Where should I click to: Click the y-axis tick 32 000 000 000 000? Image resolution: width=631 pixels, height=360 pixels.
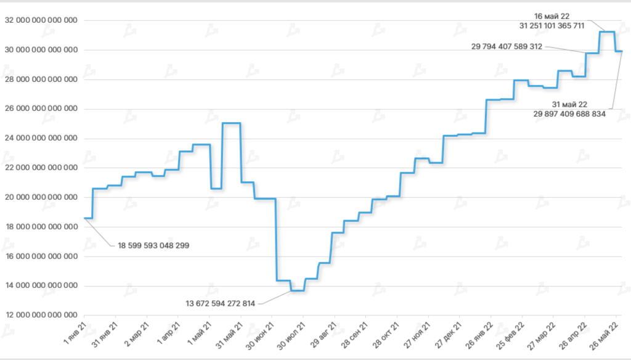pos(41,20)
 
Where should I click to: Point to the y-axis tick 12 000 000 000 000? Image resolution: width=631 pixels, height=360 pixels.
pos(41,315)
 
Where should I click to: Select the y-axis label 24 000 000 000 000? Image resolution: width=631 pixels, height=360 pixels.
pos(41,138)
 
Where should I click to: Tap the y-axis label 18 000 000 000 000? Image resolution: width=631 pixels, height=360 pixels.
pos(41,227)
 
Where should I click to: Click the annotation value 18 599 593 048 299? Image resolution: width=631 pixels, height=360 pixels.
pos(153,245)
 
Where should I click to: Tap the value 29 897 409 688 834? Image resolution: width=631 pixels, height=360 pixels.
pos(570,113)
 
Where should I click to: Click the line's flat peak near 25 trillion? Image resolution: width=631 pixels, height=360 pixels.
pos(231,123)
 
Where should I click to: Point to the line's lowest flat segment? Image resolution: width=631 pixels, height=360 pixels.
pos(297,290)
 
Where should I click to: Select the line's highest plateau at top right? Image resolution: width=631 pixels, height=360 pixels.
pos(607,31)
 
